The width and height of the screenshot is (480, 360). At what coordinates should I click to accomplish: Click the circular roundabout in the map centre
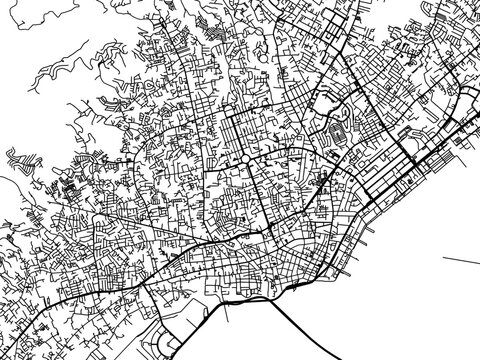242,160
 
